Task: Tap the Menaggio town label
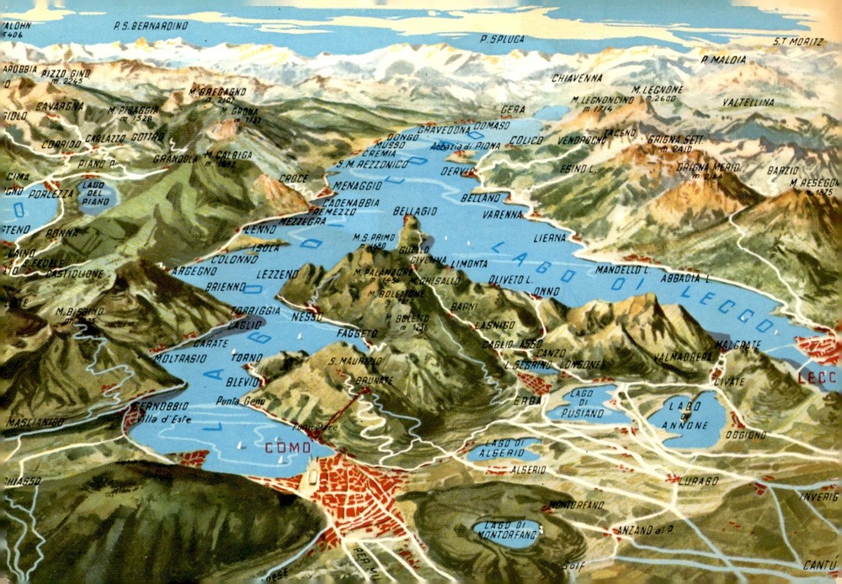click(358, 184)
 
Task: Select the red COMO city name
click(288, 447)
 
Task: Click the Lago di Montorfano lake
click(505, 531)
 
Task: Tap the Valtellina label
click(749, 103)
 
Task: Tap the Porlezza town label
click(51, 194)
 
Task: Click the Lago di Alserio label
click(504, 449)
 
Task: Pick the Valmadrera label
click(683, 356)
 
